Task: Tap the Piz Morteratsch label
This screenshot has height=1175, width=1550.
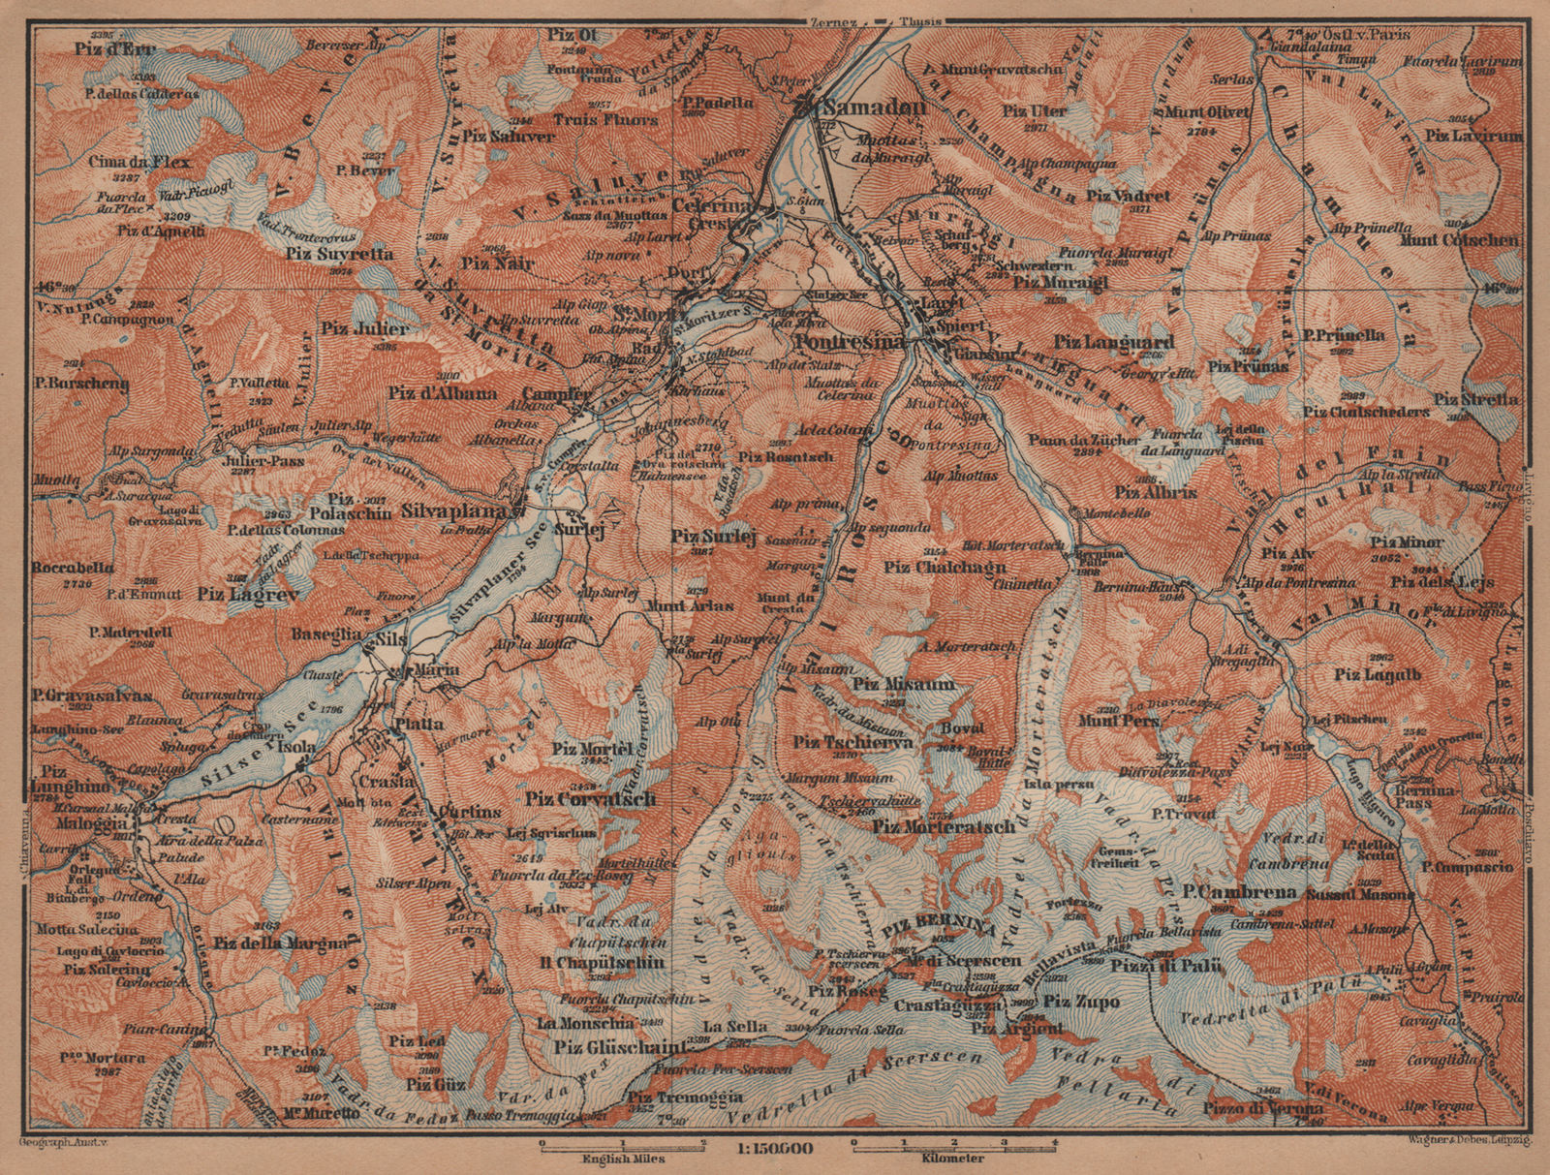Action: tap(944, 826)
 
